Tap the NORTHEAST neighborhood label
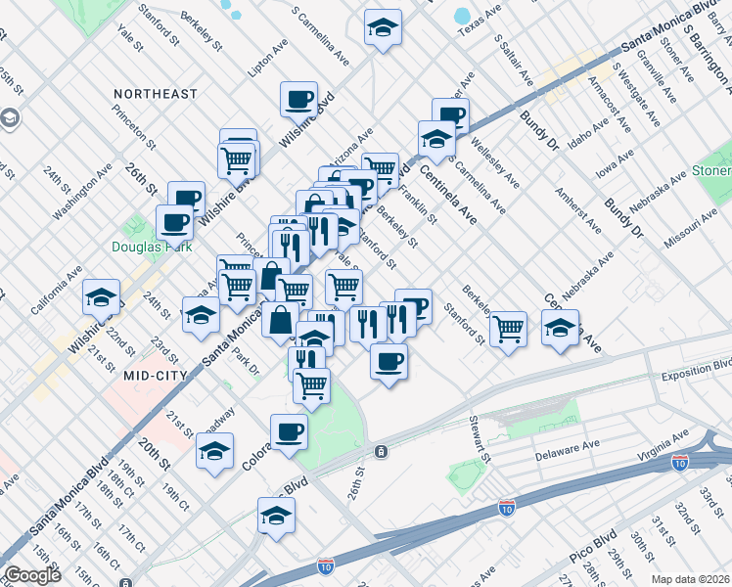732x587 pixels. tap(155, 94)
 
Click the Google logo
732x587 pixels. tap(32, 575)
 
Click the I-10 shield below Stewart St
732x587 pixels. tap(506, 508)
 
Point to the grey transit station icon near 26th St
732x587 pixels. tap(381, 451)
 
